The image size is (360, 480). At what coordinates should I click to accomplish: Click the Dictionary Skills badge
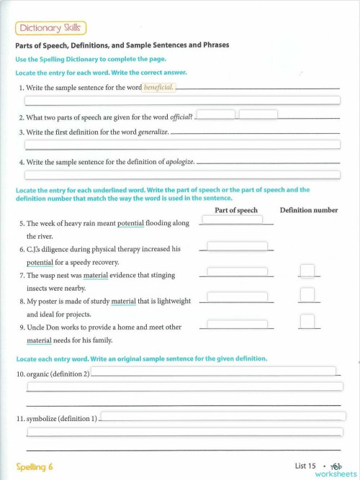[x=50, y=28]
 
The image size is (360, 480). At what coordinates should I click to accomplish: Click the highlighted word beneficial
[x=160, y=88]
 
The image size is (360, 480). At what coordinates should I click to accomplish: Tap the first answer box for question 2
[x=215, y=114]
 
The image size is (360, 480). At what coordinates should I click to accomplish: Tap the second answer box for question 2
[x=258, y=114]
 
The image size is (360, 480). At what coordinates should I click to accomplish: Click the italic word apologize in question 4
[x=180, y=163]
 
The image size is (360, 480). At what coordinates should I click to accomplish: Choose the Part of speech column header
[x=235, y=210]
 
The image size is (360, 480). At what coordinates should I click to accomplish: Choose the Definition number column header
[x=308, y=210]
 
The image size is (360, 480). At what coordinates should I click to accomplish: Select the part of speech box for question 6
[x=237, y=246]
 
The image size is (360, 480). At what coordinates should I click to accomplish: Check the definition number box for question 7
[x=307, y=271]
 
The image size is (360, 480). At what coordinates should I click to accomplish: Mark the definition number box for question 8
[x=307, y=295]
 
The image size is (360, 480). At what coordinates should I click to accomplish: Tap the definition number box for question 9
[x=307, y=321]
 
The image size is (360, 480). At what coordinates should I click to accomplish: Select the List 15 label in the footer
[x=305, y=466]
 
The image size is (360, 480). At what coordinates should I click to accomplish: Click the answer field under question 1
[x=182, y=101]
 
